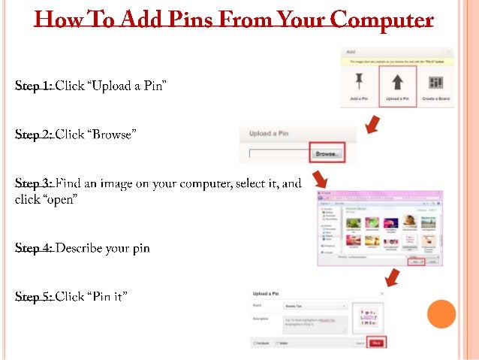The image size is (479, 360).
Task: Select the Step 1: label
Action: [x=34, y=86]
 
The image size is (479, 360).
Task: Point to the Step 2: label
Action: [x=34, y=135]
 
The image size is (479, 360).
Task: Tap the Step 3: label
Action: [x=34, y=183]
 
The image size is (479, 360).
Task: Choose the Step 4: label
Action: [x=34, y=247]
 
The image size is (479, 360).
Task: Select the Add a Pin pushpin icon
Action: [x=359, y=80]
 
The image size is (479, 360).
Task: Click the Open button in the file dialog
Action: [x=415, y=262]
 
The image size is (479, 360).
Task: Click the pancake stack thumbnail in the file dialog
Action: [x=410, y=219]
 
